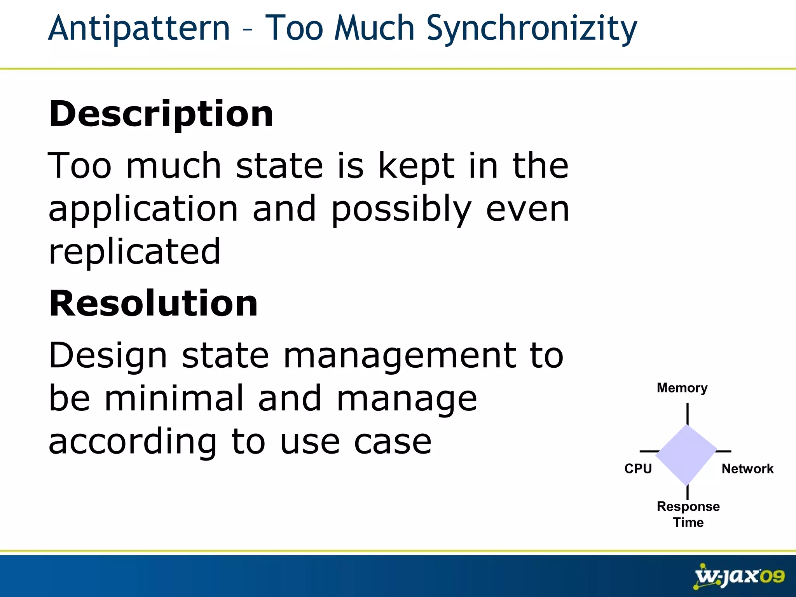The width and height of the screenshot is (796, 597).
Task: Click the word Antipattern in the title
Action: pyautogui.click(x=139, y=28)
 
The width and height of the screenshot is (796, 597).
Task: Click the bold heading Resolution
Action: pyautogui.click(x=153, y=304)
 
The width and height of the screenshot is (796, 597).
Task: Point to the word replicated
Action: pyautogui.click(x=134, y=252)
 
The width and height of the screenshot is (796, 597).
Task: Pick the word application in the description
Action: pyautogui.click(x=143, y=210)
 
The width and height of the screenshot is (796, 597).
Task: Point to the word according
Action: pyautogui.click(x=133, y=442)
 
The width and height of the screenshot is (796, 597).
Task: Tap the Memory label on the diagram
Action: pyautogui.click(x=682, y=388)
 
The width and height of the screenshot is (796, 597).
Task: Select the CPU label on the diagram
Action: pyautogui.click(x=638, y=469)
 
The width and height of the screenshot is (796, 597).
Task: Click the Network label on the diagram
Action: pyautogui.click(x=747, y=469)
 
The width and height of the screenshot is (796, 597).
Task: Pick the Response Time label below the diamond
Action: pyautogui.click(x=688, y=514)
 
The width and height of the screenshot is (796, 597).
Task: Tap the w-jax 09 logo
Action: pyautogui.click(x=739, y=576)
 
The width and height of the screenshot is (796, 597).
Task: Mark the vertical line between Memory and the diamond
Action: pyautogui.click(x=688, y=414)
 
